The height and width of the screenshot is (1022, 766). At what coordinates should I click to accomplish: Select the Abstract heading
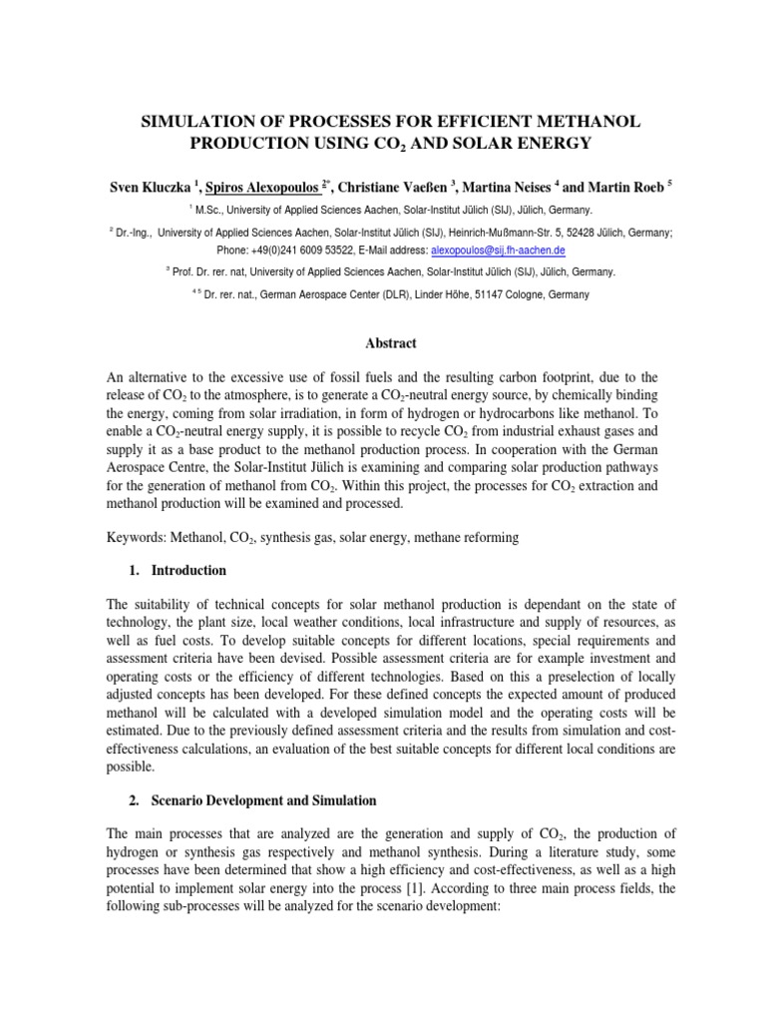383,343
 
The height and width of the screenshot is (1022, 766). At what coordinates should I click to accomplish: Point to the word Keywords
140,538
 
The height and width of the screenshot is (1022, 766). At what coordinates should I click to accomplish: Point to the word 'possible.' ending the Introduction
132,768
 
